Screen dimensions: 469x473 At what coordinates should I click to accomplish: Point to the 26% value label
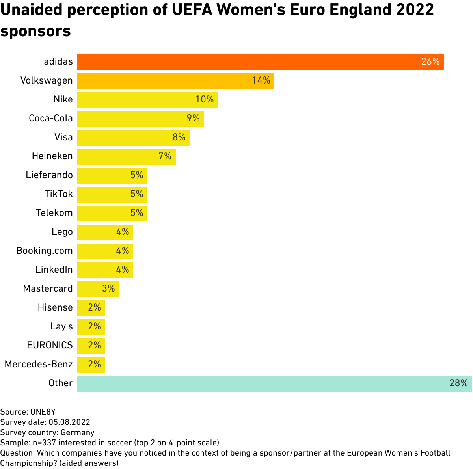430,62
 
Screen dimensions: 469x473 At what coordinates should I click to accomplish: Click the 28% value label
458,383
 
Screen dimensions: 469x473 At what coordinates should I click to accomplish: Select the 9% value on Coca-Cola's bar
193,119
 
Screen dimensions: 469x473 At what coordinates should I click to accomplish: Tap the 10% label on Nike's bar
205,100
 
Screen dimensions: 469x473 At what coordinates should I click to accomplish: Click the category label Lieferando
49,175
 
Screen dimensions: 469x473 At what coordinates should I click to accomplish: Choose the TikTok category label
58,194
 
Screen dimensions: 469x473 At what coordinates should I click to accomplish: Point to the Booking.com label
45,251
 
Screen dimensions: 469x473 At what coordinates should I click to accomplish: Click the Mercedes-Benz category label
39,364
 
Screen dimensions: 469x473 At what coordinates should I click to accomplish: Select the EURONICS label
50,345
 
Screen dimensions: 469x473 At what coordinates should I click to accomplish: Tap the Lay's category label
61,326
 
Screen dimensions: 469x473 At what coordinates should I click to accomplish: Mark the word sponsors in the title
35,31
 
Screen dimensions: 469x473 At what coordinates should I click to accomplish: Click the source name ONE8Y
43,412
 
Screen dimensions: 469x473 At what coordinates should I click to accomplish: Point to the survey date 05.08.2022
69,422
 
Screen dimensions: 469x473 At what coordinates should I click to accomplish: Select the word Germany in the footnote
78,432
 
